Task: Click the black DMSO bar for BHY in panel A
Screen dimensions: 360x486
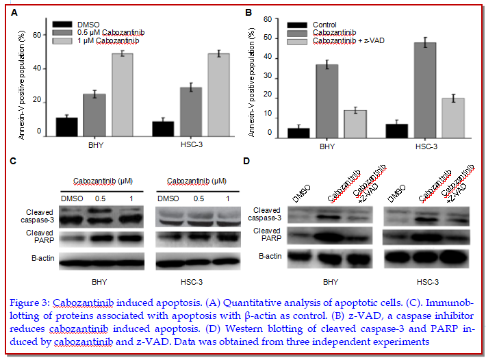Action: click(x=66, y=127)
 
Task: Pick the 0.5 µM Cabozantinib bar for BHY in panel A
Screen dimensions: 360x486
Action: click(x=94, y=116)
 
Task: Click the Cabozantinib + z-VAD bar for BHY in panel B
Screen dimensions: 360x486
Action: click(x=355, y=125)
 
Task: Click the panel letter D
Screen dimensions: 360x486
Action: click(x=246, y=161)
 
